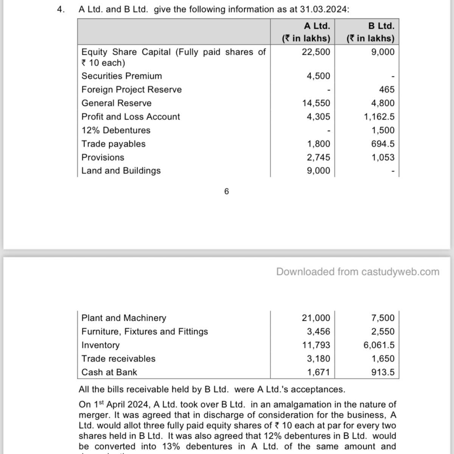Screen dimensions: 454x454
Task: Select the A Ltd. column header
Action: point(317,26)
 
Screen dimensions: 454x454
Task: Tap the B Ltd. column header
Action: point(381,26)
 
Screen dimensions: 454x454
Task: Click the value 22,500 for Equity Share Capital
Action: point(316,52)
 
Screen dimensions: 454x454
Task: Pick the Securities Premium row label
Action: point(121,76)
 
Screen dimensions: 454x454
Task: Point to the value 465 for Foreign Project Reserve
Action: point(387,90)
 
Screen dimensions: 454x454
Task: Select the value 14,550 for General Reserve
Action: point(316,103)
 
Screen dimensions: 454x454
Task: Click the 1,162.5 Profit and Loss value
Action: point(379,117)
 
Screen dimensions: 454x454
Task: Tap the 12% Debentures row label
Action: point(116,131)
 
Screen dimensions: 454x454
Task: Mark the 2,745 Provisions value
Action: point(318,157)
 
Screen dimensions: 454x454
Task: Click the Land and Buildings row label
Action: point(121,171)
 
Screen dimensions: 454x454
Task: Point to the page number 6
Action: point(227,191)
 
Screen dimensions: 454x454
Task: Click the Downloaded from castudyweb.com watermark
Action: point(358,272)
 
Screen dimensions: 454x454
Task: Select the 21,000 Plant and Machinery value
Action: point(316,318)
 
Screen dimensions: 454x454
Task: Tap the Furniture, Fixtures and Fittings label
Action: point(145,331)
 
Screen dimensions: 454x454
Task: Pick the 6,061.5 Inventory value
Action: point(379,345)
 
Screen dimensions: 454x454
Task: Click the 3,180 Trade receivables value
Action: point(318,359)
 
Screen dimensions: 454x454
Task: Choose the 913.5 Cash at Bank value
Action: point(383,372)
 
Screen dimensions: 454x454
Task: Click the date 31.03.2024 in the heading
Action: point(323,9)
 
